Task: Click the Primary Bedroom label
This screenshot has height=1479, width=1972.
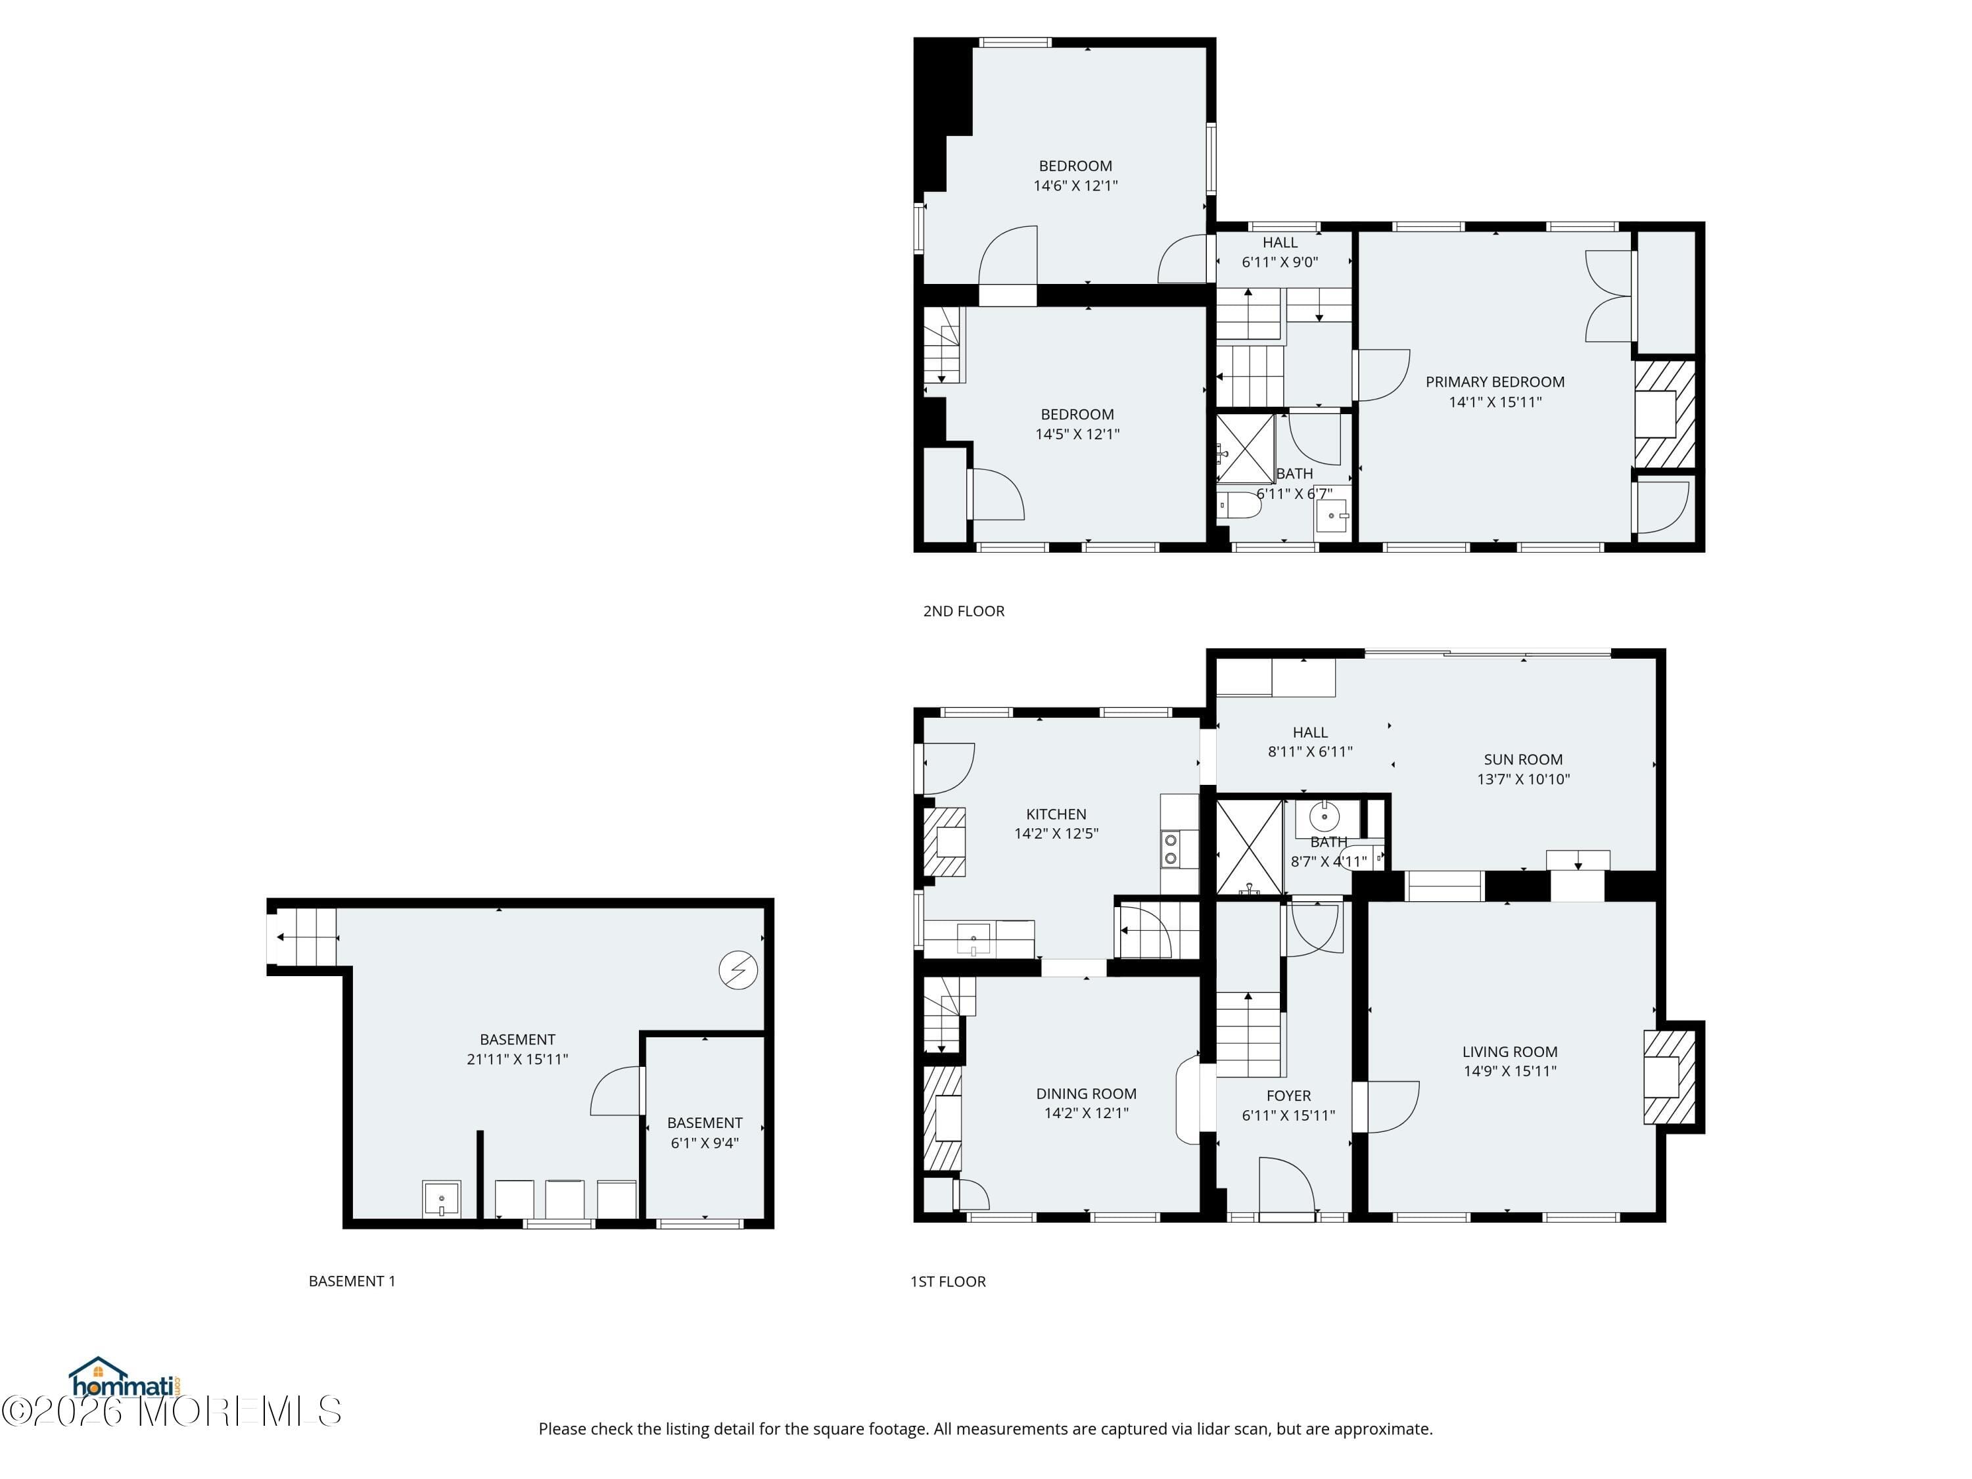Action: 1494,381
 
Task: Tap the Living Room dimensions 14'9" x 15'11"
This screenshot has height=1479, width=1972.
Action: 1509,1071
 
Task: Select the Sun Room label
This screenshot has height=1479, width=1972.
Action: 1522,760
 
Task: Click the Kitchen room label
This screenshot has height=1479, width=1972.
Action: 1056,814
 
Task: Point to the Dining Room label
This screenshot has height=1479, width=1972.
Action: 1086,1093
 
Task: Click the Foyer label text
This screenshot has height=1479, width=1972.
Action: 1288,1096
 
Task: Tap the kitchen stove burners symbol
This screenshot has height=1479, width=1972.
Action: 1169,849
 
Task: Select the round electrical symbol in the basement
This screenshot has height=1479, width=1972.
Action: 738,970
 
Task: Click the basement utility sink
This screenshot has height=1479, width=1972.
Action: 441,1198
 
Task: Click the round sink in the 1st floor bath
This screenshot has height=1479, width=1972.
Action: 1325,816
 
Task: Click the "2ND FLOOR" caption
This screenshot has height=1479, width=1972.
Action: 963,611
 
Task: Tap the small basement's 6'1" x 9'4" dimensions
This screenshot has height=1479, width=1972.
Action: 704,1143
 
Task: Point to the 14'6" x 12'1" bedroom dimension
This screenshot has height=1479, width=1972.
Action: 1075,185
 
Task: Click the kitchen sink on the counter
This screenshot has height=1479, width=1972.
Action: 974,939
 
